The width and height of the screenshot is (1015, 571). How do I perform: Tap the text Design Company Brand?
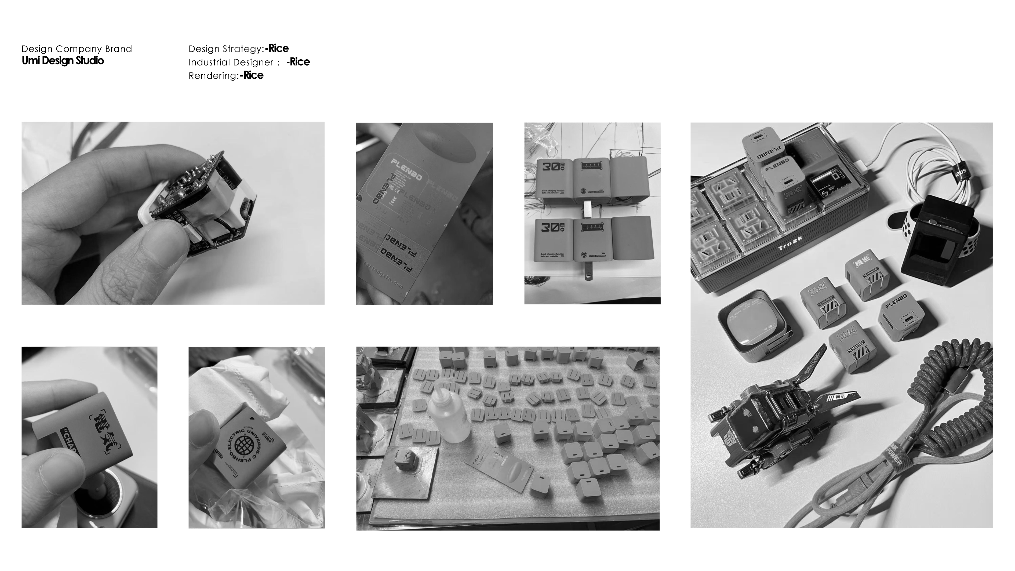pos(77,49)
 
